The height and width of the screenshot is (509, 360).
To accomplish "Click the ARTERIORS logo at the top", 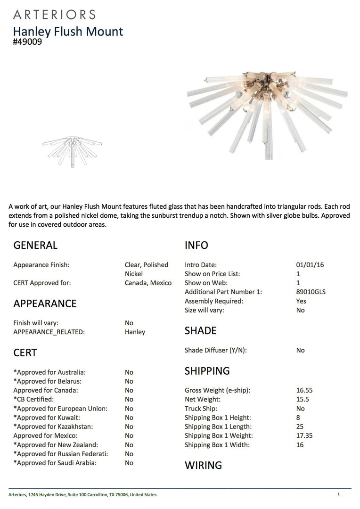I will point(54,15).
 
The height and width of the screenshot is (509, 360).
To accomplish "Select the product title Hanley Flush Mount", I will point(68,32).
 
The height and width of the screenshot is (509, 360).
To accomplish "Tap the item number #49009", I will point(27,41).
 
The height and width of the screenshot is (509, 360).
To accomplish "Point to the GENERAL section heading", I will point(35,245).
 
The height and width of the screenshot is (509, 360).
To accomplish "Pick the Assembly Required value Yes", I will point(301,301).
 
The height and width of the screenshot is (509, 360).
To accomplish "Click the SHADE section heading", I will point(201,331).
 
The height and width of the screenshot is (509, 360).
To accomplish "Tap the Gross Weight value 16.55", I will point(304,390).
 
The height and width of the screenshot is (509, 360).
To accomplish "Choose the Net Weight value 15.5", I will point(303,399).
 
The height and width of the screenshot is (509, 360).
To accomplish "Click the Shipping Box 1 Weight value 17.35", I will point(304,435).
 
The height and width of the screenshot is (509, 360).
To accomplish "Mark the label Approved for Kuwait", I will point(47,418).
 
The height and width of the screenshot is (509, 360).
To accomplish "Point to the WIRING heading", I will point(203,465).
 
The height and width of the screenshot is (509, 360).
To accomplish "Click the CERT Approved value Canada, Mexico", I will point(148,283).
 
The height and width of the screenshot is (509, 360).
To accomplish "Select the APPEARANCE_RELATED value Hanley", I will point(135,332).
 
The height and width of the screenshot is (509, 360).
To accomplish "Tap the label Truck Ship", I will point(201,409).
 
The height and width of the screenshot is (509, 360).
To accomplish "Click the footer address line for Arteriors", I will point(83,494).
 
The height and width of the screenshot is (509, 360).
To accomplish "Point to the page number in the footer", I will point(338,494).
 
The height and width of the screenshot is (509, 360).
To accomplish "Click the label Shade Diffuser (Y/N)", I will point(216,350).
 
